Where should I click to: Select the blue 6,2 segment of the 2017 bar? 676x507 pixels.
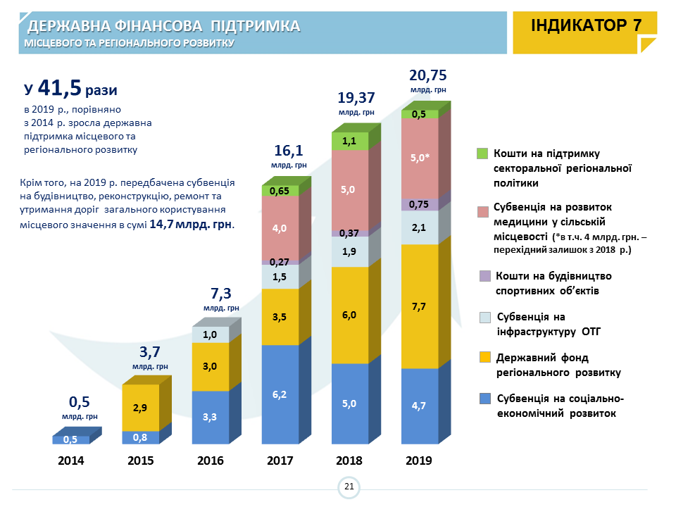coord(280,394)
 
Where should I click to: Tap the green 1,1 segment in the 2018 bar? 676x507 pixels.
coord(349,141)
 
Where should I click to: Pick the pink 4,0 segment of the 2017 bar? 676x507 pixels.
coord(280,228)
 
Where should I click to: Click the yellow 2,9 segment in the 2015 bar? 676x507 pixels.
coord(140,408)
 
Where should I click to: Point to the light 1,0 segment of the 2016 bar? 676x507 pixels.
coord(211,334)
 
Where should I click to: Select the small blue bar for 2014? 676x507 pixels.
coord(70,439)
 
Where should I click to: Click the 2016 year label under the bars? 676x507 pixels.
coord(211,461)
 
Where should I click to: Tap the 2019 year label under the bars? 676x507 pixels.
coord(419,461)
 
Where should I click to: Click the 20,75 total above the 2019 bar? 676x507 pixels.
coord(428,76)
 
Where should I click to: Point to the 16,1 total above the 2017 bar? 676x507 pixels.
coord(289,151)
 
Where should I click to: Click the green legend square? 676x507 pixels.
coord(482,154)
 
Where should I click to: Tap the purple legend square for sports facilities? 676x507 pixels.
coord(484,275)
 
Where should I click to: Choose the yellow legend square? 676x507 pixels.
coord(484,358)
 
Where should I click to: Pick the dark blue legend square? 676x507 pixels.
coord(484,399)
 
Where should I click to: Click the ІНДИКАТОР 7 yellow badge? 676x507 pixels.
coord(587,25)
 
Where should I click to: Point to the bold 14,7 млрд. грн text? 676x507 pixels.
coord(191,225)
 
